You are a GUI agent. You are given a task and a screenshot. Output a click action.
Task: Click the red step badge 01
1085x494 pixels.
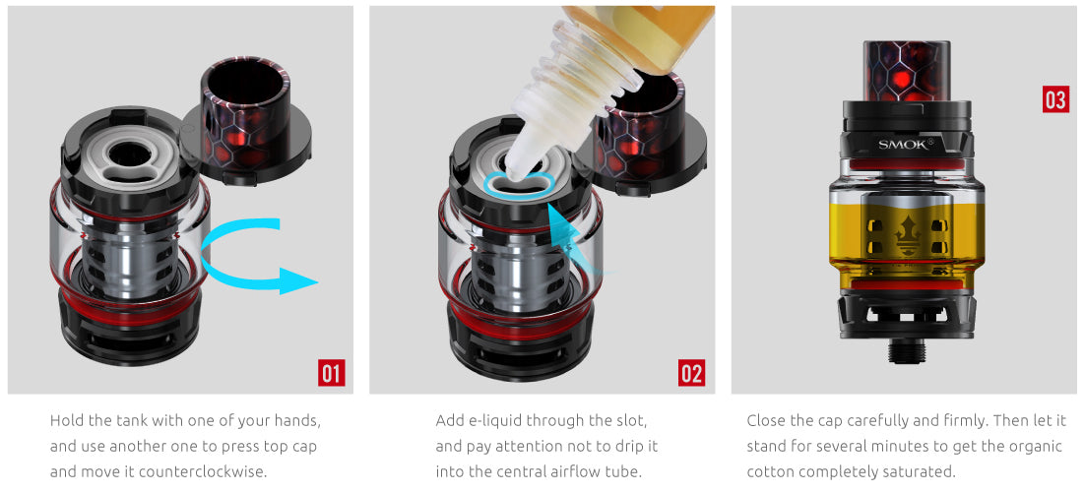click(331, 373)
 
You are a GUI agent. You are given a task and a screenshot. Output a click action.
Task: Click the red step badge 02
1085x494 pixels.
click(691, 373)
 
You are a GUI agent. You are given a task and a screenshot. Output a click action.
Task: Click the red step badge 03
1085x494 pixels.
click(1054, 99)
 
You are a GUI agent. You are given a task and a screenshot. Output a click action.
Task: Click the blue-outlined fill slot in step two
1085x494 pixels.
click(520, 184)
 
